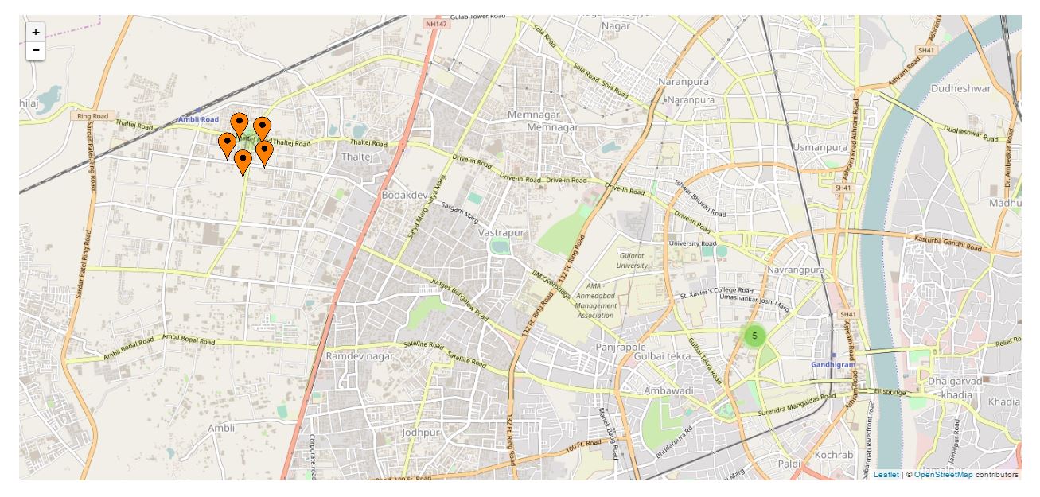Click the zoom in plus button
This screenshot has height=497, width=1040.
click(x=36, y=31)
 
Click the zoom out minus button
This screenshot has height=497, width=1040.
click(x=36, y=50)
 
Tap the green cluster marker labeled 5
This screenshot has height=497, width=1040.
click(x=754, y=336)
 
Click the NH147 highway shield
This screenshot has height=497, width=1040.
click(x=434, y=25)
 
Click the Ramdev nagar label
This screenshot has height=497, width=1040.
click(x=360, y=356)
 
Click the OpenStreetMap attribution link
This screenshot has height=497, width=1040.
click(x=943, y=475)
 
